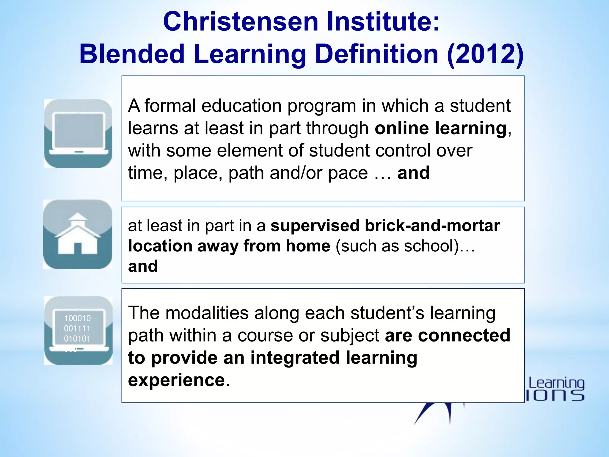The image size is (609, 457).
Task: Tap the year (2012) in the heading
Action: coord(485,54)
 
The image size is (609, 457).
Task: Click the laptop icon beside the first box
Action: coord(78,133)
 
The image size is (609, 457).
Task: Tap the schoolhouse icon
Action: coord(78,234)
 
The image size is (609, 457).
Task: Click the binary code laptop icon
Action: coord(78,330)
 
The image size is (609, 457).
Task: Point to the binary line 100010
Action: coord(77,318)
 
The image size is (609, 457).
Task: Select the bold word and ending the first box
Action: coord(413,173)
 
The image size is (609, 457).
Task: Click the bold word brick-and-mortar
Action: coord(432,226)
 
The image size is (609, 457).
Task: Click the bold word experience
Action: coord(177,380)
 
